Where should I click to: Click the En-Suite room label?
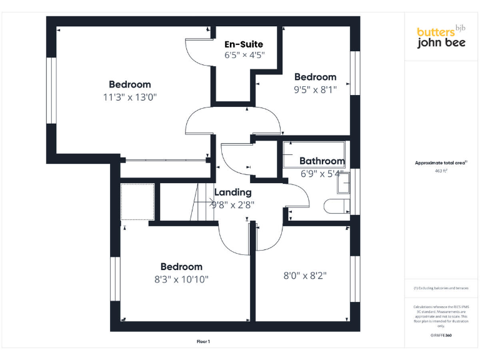coord(244,44)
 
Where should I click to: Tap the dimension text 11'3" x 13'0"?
coord(130,97)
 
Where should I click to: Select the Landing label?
coord(233,192)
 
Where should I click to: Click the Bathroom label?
coord(322,161)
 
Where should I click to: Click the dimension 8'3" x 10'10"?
coord(181,279)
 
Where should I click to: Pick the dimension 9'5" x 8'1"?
coord(316,89)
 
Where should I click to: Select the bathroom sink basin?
coord(344,185)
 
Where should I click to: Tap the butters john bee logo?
coord(441,37)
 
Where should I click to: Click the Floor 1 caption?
coord(203,342)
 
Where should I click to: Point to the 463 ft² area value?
coord(441,171)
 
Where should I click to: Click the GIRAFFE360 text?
coord(441,336)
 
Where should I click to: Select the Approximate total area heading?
coord(441,162)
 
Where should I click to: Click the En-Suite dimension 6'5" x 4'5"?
coord(245,55)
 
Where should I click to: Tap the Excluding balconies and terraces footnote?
coord(441,288)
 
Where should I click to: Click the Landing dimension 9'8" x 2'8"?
coord(233,204)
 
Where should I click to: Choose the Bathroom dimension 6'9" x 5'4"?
coord(322,173)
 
